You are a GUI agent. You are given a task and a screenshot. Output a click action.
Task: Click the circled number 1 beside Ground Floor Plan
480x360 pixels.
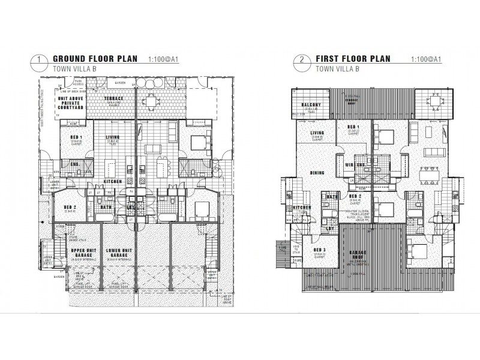pyautogui.click(x=40, y=60)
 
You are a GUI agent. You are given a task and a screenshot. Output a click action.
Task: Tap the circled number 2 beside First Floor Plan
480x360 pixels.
pyautogui.click(x=298, y=60)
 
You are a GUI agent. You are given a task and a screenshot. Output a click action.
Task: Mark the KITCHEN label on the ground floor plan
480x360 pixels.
pyautogui.click(x=113, y=181)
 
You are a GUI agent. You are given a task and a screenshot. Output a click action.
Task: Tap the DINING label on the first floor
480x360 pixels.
pyautogui.click(x=317, y=173)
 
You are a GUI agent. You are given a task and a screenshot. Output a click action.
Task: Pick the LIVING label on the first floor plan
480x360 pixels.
pyautogui.click(x=317, y=133)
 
